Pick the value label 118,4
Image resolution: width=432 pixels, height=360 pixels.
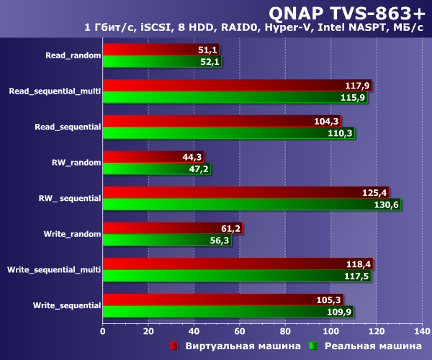359,264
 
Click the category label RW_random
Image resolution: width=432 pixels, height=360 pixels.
76,163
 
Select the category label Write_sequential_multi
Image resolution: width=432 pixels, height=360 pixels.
53,270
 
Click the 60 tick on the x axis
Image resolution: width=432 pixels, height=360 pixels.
240,331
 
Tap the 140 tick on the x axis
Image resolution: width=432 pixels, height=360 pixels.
421,331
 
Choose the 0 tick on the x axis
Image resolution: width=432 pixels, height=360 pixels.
103,331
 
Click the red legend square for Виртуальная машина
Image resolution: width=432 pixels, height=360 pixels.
174,346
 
